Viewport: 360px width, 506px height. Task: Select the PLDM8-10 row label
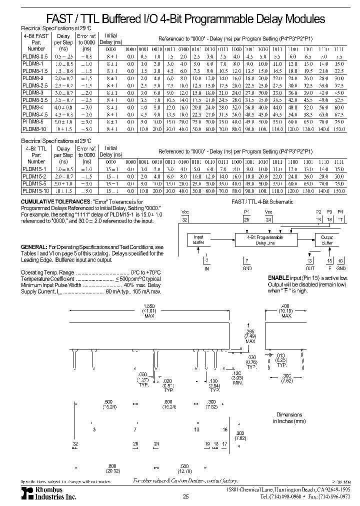click(33, 129)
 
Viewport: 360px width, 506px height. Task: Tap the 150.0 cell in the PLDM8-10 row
click(338, 129)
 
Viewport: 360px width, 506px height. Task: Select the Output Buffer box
click(327, 239)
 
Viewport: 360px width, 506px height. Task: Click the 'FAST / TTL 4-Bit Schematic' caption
click(262, 202)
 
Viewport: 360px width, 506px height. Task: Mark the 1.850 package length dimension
click(149, 306)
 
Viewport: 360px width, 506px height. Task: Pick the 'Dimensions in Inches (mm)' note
click(289, 418)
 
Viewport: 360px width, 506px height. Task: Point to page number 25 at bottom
click(185, 496)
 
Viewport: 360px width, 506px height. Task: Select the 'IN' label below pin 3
click(206, 268)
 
